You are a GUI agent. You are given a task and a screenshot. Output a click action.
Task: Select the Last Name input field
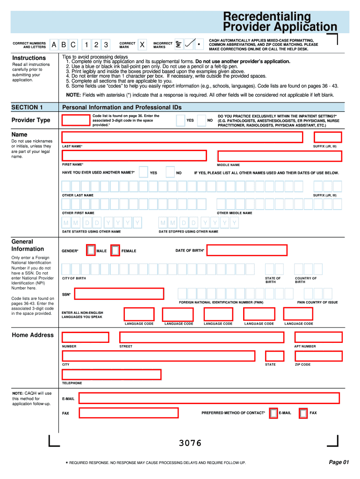click(x=182, y=137)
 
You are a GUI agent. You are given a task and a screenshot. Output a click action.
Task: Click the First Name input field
click(x=134, y=156)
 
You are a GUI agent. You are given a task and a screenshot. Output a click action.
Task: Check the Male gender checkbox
click(x=91, y=251)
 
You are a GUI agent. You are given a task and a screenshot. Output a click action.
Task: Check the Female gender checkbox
click(x=115, y=251)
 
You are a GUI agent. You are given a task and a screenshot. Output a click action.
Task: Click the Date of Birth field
click(x=247, y=251)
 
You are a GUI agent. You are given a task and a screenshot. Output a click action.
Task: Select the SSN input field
click(x=120, y=294)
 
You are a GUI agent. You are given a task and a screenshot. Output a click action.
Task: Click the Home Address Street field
click(x=202, y=337)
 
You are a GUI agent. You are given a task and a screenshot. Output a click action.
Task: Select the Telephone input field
click(x=111, y=375)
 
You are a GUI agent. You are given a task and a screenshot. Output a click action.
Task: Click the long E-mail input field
click(x=209, y=398)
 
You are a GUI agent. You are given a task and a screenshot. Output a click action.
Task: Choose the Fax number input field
click(x=129, y=413)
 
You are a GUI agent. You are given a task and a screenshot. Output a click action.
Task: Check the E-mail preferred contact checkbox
click(x=274, y=413)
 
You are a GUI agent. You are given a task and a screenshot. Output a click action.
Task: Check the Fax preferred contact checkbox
click(x=303, y=413)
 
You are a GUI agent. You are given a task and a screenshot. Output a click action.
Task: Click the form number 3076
click(x=190, y=443)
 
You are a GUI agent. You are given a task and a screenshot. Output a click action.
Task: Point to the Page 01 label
click(x=338, y=462)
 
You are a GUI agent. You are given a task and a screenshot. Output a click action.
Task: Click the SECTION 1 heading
click(x=27, y=107)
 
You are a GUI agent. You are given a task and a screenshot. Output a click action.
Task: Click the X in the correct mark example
click(x=142, y=45)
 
